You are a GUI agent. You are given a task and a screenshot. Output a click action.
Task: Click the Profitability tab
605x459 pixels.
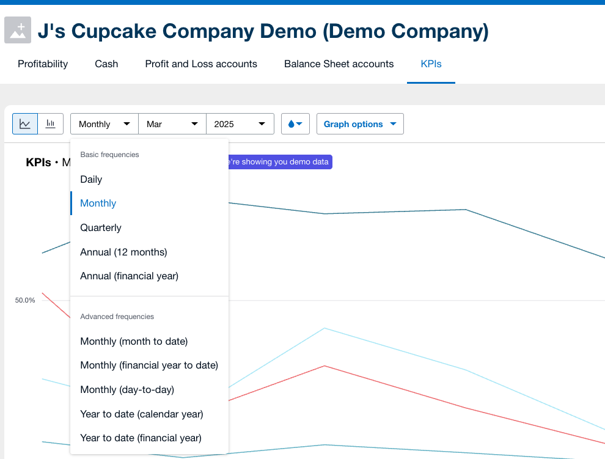tap(43, 64)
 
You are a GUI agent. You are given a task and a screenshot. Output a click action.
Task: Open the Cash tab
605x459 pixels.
tap(106, 64)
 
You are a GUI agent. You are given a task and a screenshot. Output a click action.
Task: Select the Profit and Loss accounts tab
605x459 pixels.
tap(201, 64)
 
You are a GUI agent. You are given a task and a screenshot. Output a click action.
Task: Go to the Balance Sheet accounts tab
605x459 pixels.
tap(339, 64)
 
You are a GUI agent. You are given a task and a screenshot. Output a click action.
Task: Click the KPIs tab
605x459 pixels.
tap(431, 64)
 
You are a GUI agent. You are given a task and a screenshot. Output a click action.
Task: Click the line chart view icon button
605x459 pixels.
tap(25, 124)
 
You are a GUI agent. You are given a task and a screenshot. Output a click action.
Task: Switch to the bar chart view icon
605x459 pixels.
tap(51, 124)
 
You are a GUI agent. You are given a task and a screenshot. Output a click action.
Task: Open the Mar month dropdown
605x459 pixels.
tap(172, 124)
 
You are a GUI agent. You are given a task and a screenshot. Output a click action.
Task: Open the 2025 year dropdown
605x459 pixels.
tap(240, 124)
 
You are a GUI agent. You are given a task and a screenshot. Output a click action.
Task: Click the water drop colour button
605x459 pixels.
tap(295, 124)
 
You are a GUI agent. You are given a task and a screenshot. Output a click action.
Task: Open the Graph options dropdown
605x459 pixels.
tap(360, 124)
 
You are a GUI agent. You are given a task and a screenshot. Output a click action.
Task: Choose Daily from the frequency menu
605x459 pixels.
tap(91, 179)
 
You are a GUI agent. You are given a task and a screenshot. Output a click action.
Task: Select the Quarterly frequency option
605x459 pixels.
tap(101, 227)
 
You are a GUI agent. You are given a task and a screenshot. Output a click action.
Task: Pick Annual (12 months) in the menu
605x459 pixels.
tap(123, 252)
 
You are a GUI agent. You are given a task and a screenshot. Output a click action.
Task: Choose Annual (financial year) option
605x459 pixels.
tap(130, 276)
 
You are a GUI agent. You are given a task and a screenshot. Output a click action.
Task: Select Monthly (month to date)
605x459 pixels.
tap(134, 341)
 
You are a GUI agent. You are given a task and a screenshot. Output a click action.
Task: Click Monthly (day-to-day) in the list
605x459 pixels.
tap(127, 389)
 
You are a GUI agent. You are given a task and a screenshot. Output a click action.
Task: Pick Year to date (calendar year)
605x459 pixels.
tap(142, 414)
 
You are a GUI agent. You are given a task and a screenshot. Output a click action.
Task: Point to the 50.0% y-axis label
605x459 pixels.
tap(25, 300)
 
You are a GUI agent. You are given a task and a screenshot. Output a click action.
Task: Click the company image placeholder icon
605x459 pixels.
tap(18, 31)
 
